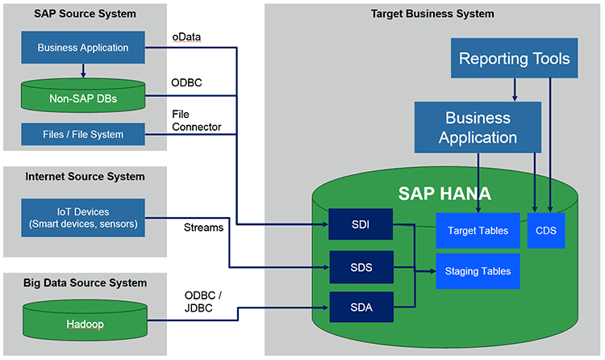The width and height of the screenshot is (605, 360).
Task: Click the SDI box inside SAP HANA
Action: (x=361, y=224)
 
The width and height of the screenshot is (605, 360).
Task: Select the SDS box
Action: (x=361, y=267)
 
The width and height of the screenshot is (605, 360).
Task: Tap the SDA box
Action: (x=361, y=307)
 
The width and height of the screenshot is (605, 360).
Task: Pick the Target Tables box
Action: (x=478, y=231)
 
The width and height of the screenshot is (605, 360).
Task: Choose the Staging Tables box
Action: (x=478, y=271)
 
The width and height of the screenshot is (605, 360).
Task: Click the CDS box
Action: (x=546, y=231)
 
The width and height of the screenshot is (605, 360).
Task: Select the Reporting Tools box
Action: (x=515, y=58)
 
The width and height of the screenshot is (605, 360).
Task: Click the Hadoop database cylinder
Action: (x=85, y=320)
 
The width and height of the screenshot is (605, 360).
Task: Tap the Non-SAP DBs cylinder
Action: (x=83, y=95)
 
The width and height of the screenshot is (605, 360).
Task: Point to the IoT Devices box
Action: (x=83, y=218)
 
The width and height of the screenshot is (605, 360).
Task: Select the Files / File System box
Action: (x=83, y=135)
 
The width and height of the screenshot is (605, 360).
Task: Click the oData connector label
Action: (x=186, y=37)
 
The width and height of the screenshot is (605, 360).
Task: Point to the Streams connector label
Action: (x=203, y=228)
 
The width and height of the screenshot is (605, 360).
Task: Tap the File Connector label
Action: (x=196, y=120)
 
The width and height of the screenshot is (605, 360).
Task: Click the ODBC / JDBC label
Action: (x=203, y=302)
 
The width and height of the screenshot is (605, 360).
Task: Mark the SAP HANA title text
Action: (x=444, y=194)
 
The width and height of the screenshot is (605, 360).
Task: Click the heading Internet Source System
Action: (x=85, y=177)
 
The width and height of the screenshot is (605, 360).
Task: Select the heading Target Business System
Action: (x=432, y=14)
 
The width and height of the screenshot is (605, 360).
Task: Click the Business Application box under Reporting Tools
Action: (x=478, y=128)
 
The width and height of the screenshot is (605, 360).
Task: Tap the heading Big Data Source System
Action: (x=85, y=283)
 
